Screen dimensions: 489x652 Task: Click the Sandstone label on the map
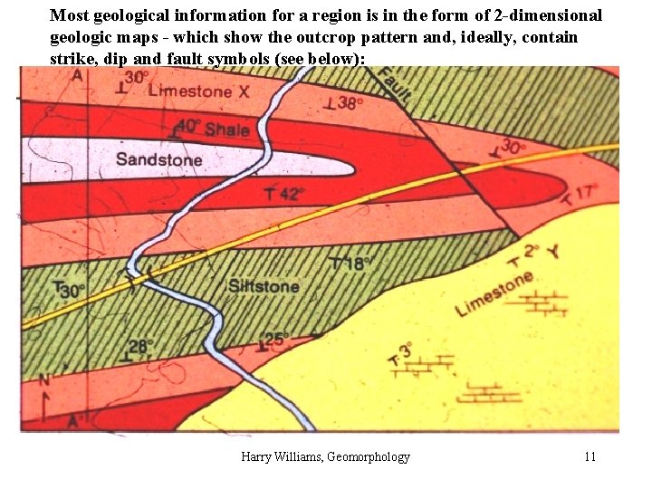(x=158, y=160)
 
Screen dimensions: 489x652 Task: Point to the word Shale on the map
(x=226, y=129)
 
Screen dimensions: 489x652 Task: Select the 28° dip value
(x=141, y=346)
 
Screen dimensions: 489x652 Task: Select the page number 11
(x=590, y=456)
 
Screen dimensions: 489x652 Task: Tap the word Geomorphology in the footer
(x=368, y=456)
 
